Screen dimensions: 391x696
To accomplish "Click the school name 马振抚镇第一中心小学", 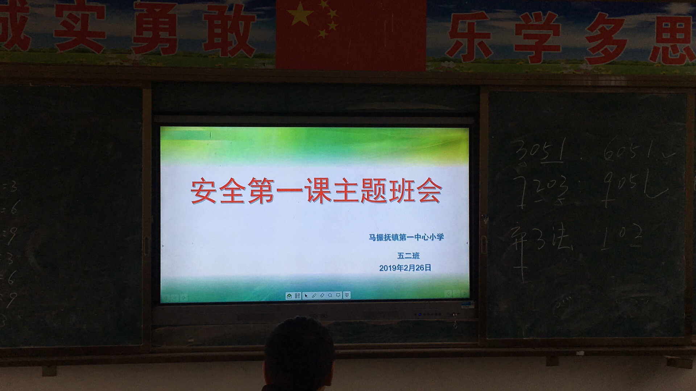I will point(406,237).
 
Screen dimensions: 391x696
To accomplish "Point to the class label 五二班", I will point(408,256).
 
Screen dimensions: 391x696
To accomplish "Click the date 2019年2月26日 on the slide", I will point(405,268).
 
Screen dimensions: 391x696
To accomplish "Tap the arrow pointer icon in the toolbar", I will point(306,296).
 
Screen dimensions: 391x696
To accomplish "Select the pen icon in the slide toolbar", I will point(314,296).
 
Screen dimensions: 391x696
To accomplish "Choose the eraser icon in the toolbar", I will point(322,296).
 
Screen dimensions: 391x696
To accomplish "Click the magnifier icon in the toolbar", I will point(330,296).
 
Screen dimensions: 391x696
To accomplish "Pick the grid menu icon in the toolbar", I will point(298,296).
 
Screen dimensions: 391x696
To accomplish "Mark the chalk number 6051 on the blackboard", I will point(627,148).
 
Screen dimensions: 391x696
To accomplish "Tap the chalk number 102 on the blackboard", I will point(622,237).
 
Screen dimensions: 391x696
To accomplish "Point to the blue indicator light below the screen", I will point(420,314).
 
